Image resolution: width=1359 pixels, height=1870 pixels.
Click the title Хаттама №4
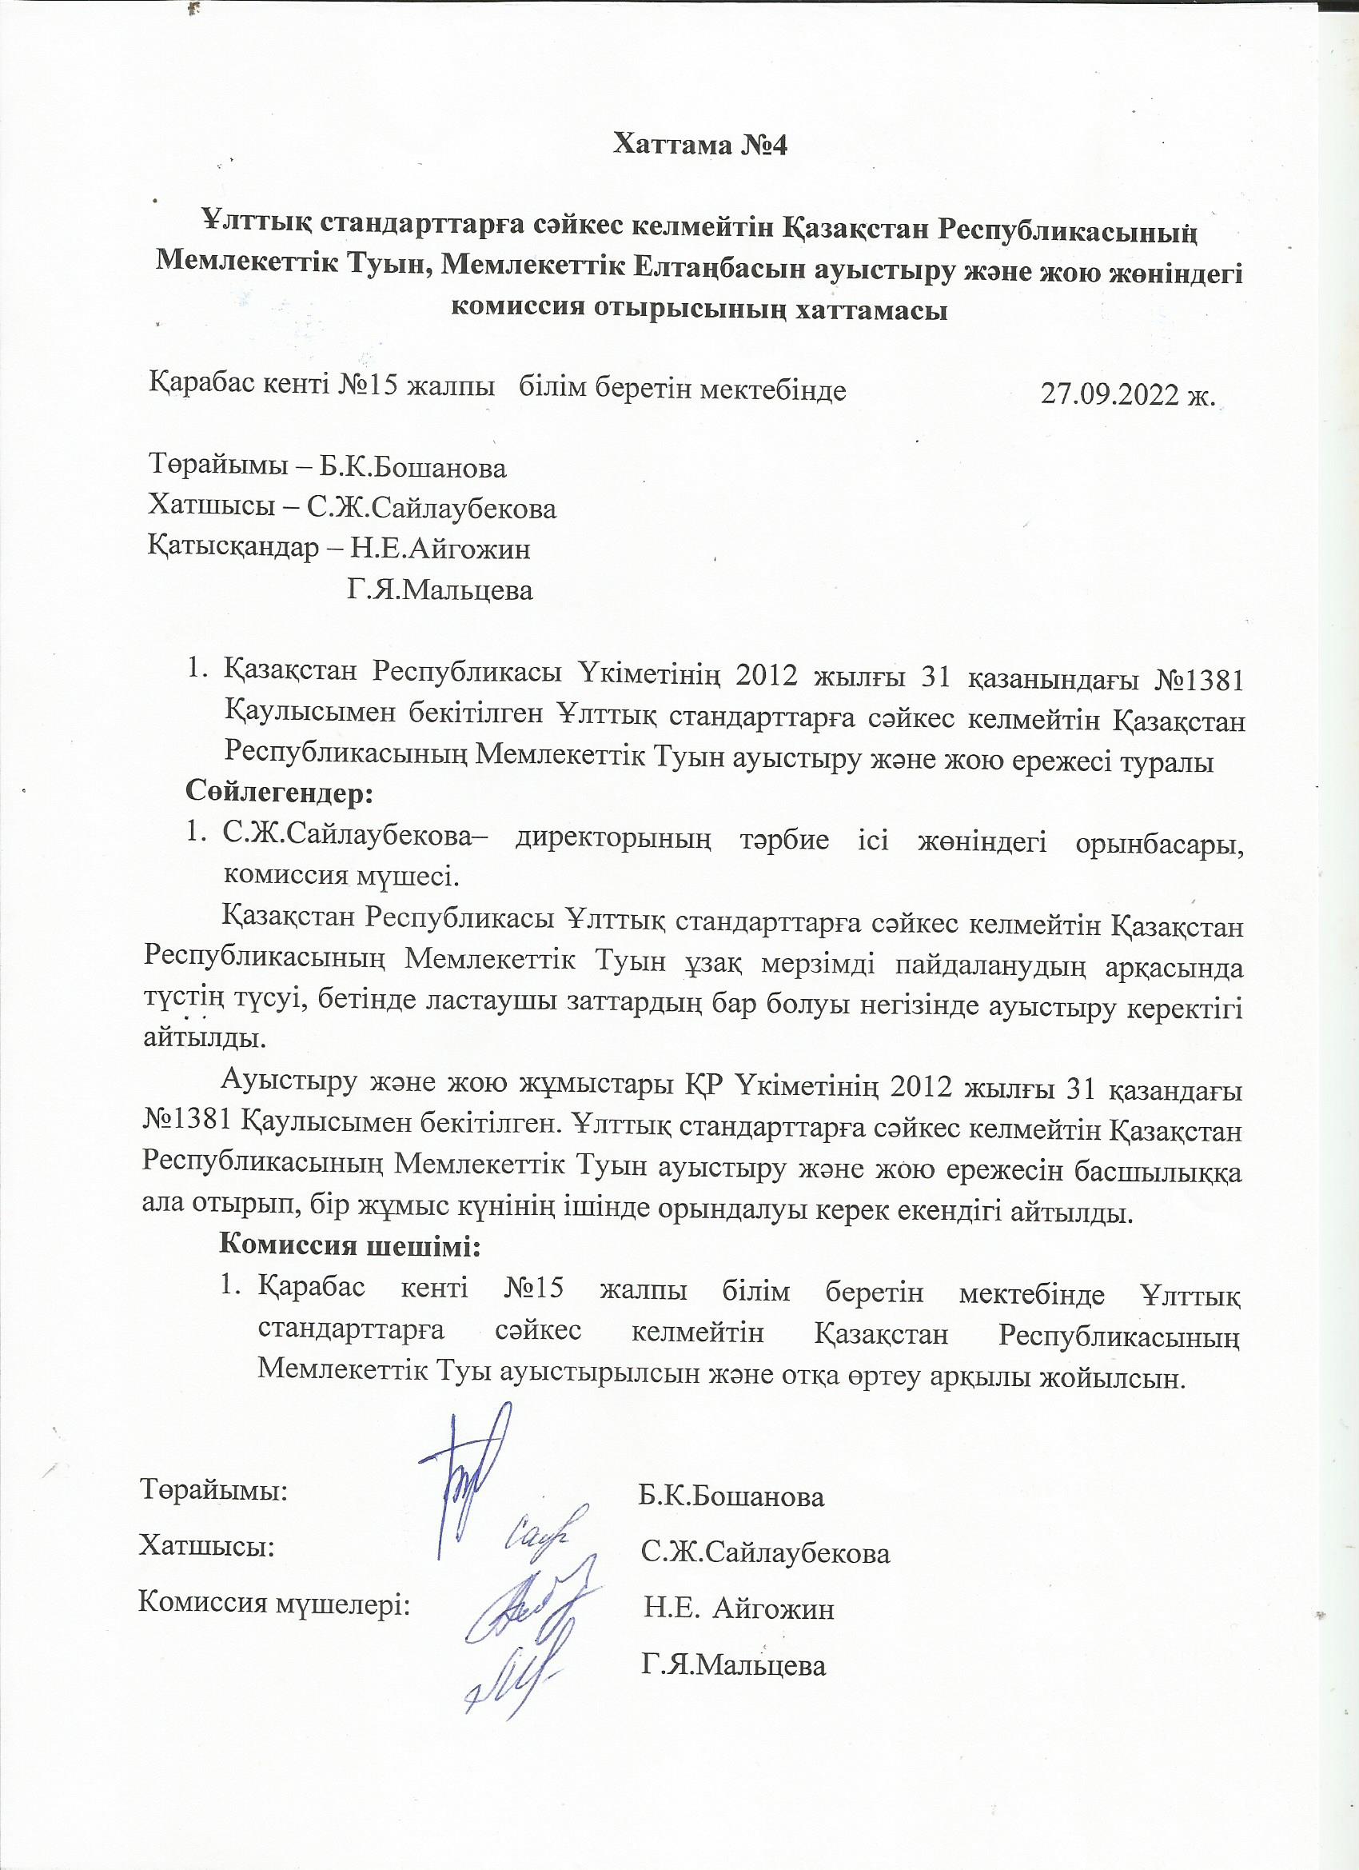(x=700, y=145)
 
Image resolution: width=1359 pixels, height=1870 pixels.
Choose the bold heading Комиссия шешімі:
(x=349, y=1244)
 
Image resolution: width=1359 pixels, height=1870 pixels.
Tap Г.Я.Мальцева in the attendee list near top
(x=440, y=590)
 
